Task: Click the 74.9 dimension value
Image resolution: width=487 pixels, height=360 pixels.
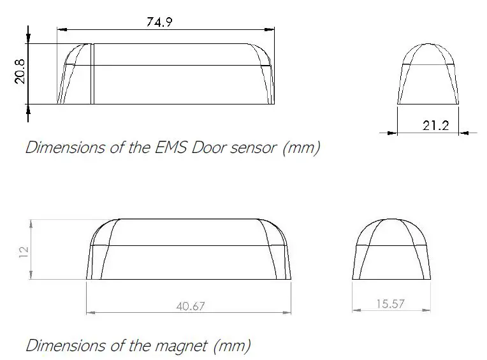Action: (160, 21)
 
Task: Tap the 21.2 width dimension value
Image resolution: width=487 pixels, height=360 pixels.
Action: (435, 126)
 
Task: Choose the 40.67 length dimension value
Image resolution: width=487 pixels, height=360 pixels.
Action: (190, 306)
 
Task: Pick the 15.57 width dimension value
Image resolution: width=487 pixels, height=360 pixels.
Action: (391, 304)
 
